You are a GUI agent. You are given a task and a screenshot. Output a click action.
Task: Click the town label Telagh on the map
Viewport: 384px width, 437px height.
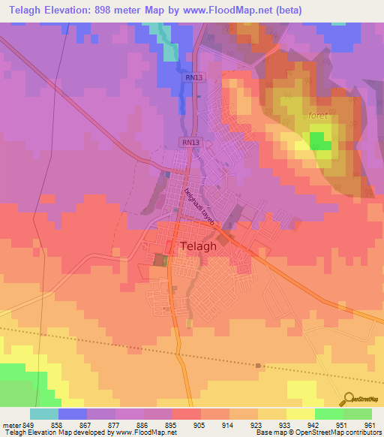click(x=199, y=246)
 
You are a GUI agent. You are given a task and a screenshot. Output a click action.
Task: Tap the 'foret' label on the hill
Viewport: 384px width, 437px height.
click(x=319, y=116)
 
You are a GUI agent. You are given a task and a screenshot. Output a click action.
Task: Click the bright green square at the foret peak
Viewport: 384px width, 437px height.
click(x=321, y=140)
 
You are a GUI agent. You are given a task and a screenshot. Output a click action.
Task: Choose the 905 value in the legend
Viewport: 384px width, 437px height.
click(x=199, y=424)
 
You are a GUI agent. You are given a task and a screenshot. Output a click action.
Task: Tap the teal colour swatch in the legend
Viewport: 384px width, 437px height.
click(x=43, y=414)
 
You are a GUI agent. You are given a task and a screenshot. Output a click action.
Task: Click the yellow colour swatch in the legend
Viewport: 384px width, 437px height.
click(x=300, y=414)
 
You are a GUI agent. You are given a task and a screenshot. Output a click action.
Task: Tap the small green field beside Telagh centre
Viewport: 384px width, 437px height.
click(x=160, y=260)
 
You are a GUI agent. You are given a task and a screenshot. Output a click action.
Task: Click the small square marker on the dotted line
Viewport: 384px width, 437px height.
click(x=258, y=366)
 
